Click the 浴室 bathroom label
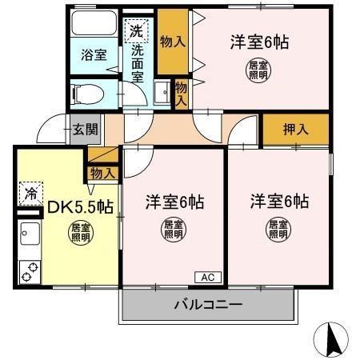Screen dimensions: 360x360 coord(94,55)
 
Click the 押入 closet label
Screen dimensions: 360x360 coord(296,128)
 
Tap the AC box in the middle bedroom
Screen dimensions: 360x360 coord(206,278)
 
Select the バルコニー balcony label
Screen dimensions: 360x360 coord(208,305)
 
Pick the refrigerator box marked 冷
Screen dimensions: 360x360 coord(30,193)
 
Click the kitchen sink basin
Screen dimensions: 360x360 coord(30,236)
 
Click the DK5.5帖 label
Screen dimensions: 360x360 coord(80,207)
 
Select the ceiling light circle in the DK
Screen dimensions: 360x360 coord(80,234)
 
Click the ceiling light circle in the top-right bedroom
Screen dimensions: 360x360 coord(258,70)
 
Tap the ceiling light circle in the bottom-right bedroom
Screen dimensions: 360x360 coord(278,230)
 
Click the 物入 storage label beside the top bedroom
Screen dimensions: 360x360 coord(173,40)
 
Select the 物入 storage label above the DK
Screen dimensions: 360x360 coord(103,173)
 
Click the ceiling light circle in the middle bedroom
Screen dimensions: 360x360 coord(174,230)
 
